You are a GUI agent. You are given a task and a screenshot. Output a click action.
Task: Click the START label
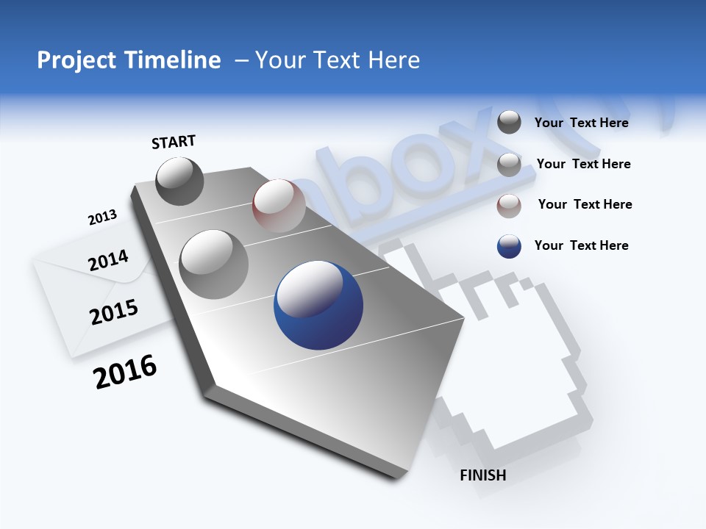point(174,142)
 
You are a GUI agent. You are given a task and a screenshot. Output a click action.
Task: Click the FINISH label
point(482,475)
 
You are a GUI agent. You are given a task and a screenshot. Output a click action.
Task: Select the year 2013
point(102,217)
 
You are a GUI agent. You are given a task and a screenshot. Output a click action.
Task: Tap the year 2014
point(108,260)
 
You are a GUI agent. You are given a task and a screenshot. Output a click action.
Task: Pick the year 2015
point(114,312)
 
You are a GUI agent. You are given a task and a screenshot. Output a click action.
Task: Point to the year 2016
point(125,371)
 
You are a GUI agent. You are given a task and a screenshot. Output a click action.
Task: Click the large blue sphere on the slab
point(318,305)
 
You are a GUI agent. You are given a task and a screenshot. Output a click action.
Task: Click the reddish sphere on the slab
point(279,205)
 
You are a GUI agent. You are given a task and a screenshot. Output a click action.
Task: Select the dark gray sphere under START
point(180,181)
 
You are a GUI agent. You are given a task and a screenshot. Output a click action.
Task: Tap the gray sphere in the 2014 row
point(213,264)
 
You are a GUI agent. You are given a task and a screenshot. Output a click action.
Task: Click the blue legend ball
point(509,246)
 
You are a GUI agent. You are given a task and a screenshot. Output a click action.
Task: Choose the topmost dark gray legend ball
point(509,122)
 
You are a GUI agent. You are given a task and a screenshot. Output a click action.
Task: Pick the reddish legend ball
point(509,206)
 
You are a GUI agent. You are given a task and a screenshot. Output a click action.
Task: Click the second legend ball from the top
point(509,165)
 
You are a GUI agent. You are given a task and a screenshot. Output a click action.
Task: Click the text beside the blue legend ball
point(581,245)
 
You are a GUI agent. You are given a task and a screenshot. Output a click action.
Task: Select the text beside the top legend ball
point(581,123)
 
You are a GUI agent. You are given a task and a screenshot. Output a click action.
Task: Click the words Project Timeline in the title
point(129,60)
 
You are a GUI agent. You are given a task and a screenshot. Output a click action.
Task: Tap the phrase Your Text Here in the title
point(337,60)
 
